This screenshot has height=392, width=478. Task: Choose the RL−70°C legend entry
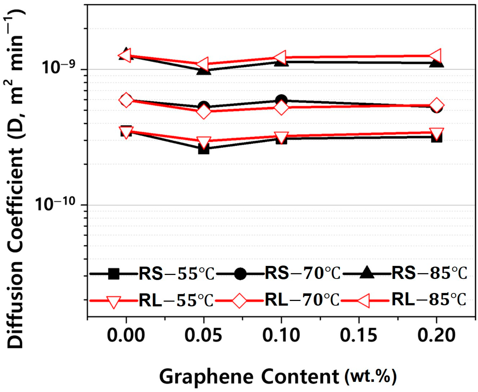coord(302,300)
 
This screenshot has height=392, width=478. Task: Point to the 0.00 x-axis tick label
coord(126,335)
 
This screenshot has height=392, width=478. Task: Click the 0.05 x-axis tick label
coord(204,335)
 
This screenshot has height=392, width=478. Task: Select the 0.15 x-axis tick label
coord(359,335)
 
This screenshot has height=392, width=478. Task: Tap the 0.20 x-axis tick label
coord(436,335)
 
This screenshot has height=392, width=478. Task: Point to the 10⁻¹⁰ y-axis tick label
coord(55,203)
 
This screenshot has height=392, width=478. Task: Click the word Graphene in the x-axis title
coord(206,377)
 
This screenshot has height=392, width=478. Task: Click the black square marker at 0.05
coord(204,149)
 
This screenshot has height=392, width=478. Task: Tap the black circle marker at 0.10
coord(281,100)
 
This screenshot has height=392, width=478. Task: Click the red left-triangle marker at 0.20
coord(436,56)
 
